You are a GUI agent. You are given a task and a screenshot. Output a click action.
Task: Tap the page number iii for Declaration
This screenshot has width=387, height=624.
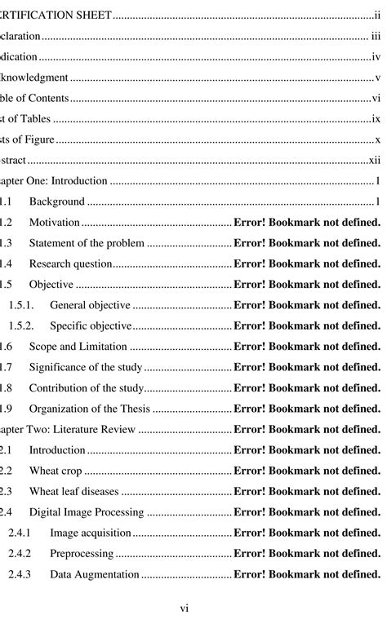[376, 37]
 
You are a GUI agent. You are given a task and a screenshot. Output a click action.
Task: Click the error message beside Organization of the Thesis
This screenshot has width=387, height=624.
[307, 409]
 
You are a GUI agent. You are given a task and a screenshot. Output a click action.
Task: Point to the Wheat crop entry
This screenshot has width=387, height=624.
[55, 471]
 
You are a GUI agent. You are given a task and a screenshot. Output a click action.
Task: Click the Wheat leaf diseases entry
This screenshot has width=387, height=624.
[73, 491]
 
